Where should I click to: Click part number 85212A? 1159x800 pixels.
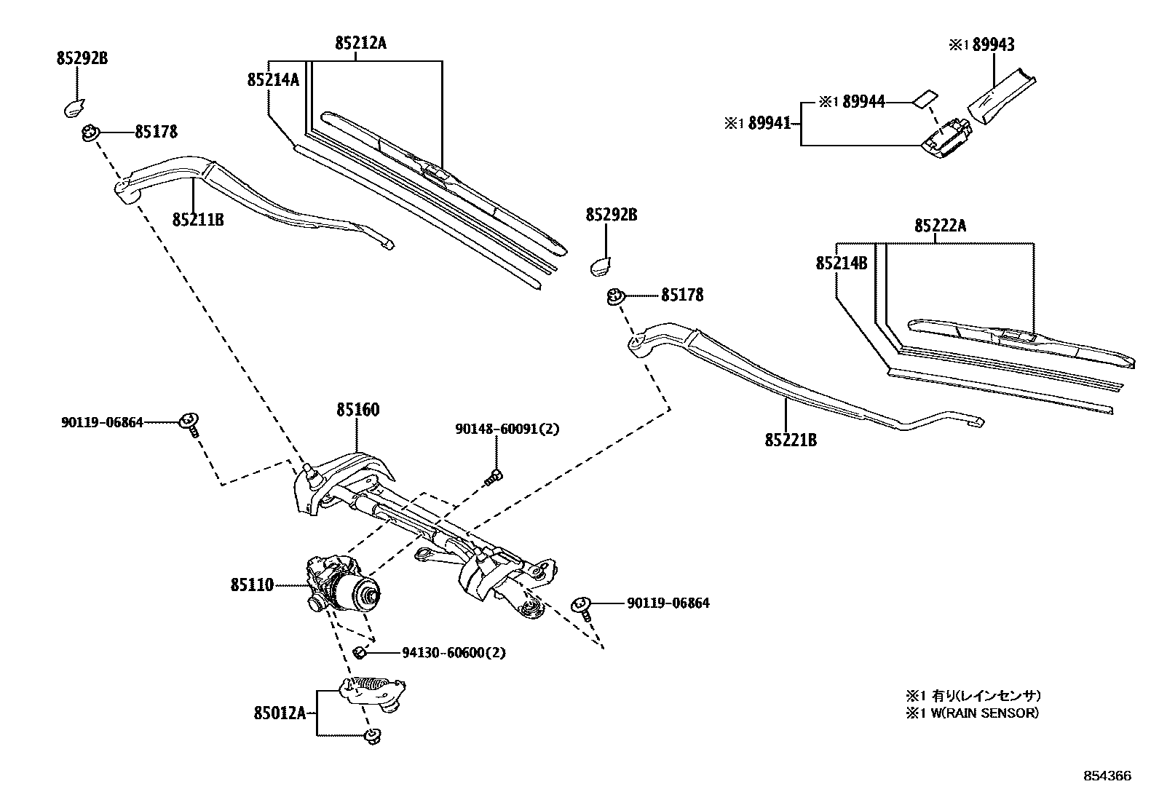point(360,44)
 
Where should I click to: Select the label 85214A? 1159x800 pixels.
point(273,79)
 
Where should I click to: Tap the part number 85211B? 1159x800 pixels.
point(198,218)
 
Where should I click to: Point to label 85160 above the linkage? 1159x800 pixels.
point(357,411)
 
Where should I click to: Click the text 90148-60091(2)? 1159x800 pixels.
point(507,429)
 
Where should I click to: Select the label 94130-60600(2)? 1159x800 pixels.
point(454,653)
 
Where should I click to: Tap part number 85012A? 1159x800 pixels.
point(280,713)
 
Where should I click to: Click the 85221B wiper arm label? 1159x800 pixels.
point(791,440)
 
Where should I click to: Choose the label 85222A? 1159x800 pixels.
point(941,226)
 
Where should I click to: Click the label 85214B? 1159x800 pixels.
point(841,263)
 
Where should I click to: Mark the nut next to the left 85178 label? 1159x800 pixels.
point(90,134)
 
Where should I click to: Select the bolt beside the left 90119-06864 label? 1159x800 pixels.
point(190,422)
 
